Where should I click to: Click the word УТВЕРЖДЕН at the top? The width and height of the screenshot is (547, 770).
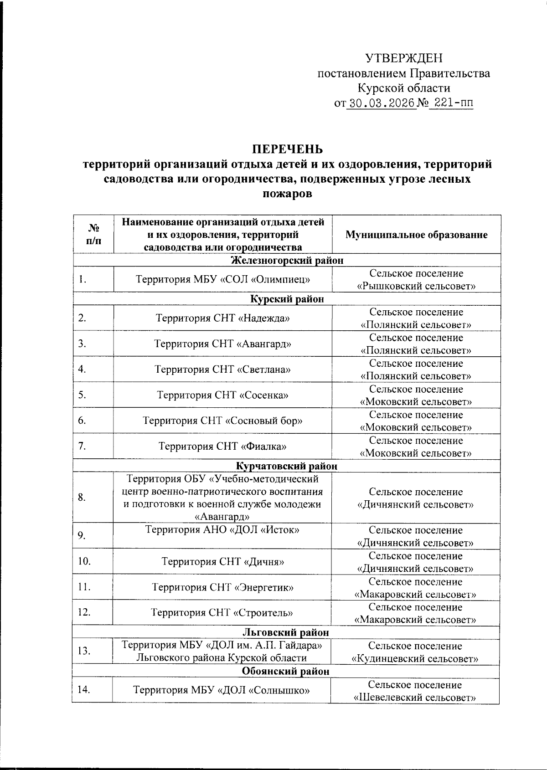(404, 58)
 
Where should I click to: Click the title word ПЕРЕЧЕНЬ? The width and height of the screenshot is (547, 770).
(288, 149)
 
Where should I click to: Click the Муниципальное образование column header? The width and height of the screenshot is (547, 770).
(416, 235)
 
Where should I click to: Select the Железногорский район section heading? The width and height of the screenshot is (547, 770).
(287, 260)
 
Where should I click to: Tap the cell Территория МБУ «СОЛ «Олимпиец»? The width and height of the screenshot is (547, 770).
(223, 279)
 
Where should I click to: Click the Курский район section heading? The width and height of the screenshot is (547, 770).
(287, 299)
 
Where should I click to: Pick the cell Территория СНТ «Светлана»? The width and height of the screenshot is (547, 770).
(222, 369)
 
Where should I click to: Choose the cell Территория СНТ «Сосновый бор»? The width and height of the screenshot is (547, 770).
(222, 420)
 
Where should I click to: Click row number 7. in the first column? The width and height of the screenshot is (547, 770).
(82, 446)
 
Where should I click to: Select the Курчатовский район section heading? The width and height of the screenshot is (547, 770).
(287, 466)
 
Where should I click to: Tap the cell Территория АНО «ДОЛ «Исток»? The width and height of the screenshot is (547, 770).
(222, 530)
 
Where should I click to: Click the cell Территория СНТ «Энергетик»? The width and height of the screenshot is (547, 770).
(222, 587)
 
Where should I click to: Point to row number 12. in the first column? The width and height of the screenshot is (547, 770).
(84, 612)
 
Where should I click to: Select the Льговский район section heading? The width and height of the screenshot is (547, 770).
(287, 632)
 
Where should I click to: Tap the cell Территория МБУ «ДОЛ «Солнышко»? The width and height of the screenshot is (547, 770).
(222, 690)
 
